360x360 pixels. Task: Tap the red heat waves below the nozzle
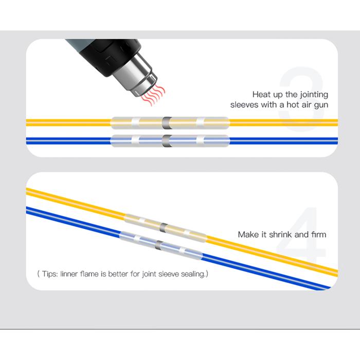[x=153, y=95]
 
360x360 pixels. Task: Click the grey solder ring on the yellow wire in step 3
[x=167, y=123]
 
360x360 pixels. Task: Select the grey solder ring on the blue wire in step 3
[x=167, y=141]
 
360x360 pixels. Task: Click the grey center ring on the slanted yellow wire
[x=164, y=227]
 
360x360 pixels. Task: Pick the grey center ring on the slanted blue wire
[x=159, y=245]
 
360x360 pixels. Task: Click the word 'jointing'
[x=314, y=95]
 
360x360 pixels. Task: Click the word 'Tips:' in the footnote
[x=50, y=274]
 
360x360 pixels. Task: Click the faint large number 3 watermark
[x=301, y=99]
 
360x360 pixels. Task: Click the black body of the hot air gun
[x=108, y=55]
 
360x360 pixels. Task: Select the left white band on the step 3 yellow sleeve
[x=135, y=123]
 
